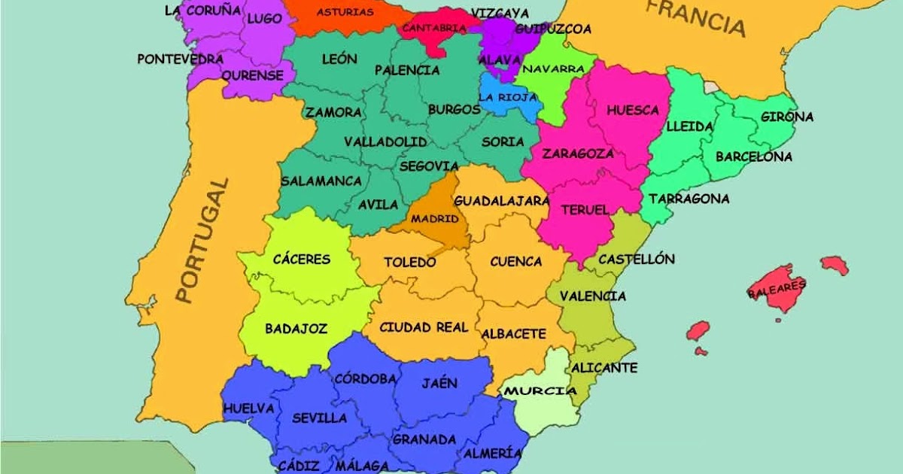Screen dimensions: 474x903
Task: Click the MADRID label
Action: pyautogui.click(x=434, y=218)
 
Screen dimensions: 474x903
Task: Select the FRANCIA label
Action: pyautogui.click(x=696, y=19)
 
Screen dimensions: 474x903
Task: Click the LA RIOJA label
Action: pyautogui.click(x=507, y=97)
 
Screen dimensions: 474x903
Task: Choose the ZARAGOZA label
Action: pyautogui.click(x=577, y=153)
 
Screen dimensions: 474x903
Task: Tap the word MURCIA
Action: pyautogui.click(x=540, y=390)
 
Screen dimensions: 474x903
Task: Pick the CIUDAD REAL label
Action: pyautogui.click(x=424, y=327)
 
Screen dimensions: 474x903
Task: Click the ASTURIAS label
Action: pyautogui.click(x=345, y=12)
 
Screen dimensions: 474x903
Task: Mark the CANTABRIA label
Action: pyautogui.click(x=434, y=28)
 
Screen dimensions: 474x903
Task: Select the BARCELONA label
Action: pyautogui.click(x=753, y=156)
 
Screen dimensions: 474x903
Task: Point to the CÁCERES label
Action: pyautogui.click(x=302, y=259)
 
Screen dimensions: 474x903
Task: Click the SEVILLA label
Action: pyautogui.click(x=319, y=418)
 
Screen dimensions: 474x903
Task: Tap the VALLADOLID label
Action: pyautogui.click(x=385, y=141)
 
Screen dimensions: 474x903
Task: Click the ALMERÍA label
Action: pyautogui.click(x=493, y=453)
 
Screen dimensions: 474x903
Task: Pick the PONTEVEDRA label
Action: pyautogui.click(x=181, y=59)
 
